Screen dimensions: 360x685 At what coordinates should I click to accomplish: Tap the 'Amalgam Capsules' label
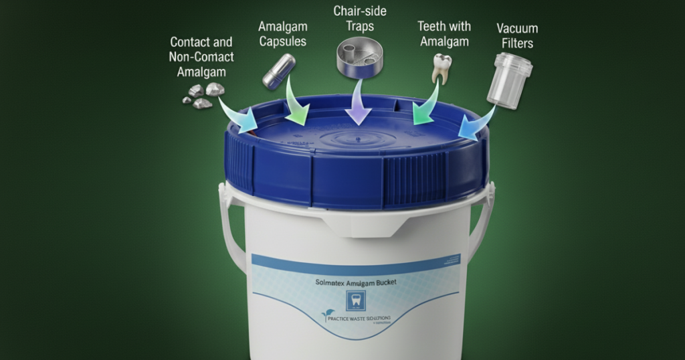coord(282,33)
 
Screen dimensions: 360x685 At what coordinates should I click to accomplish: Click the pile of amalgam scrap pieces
coord(203,96)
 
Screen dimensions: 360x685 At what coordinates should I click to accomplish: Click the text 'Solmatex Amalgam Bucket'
coord(355,282)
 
